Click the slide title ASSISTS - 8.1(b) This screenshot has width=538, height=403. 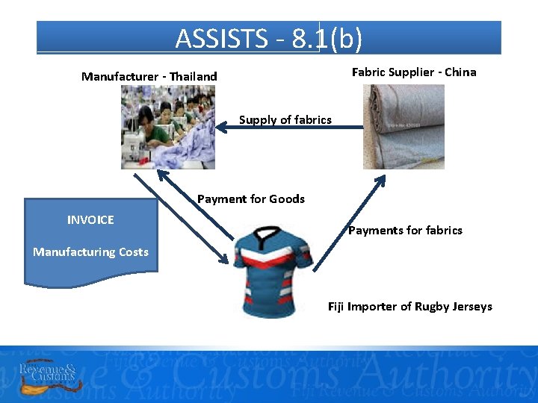point(269,38)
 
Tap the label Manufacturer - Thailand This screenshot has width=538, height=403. point(149,76)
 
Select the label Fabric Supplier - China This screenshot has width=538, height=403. point(413,72)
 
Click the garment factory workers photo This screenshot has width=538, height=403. point(168,127)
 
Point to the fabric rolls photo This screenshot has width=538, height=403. point(403,127)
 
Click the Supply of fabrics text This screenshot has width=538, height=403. point(285,119)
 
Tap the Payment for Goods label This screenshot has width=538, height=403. point(251,199)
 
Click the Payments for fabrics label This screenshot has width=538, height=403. point(405,230)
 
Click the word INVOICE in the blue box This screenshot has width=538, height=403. point(90,219)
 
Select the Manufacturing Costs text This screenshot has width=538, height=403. point(90,252)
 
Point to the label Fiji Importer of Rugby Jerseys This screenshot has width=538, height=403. point(410,307)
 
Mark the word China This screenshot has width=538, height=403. point(460,72)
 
